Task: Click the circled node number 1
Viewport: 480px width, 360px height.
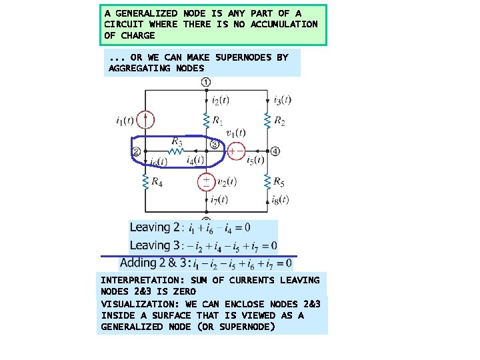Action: coord(206,82)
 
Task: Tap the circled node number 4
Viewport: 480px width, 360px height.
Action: coord(276,151)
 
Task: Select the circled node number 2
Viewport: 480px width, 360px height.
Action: coord(135,152)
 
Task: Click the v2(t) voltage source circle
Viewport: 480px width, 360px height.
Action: coord(206,181)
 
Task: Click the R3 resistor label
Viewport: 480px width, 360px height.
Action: coord(177,141)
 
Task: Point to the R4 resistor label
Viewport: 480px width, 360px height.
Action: coord(157,181)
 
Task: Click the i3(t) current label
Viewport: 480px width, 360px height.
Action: coord(282,100)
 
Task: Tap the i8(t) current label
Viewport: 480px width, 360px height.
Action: coord(281,200)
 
